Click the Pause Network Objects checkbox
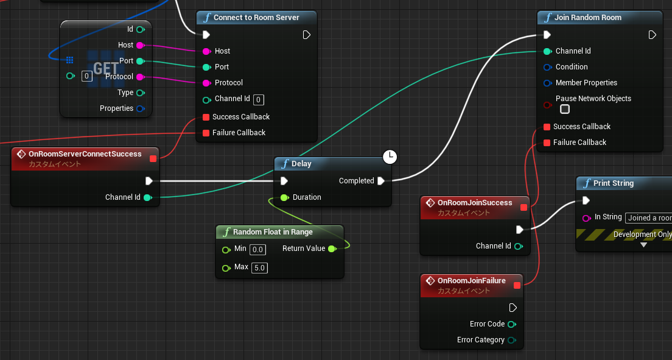tap(565, 109)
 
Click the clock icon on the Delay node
tap(390, 157)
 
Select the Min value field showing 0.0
tap(257, 249)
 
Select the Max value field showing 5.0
tap(259, 268)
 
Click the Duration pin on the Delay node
tap(285, 197)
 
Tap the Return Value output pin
tap(332, 249)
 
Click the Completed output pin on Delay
tap(381, 181)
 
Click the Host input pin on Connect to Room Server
tap(206, 52)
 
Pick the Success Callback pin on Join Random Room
tap(547, 127)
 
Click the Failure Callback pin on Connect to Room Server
tap(206, 133)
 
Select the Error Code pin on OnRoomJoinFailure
tap(512, 325)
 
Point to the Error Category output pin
tap(512, 341)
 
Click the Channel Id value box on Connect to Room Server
tap(259, 100)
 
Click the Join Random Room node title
tap(587, 18)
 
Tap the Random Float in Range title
tap(273, 232)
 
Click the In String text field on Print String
tap(649, 218)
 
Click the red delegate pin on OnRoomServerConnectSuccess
tap(153, 159)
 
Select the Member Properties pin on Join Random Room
tap(547, 83)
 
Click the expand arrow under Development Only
tap(644, 245)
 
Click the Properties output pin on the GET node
tap(140, 108)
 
